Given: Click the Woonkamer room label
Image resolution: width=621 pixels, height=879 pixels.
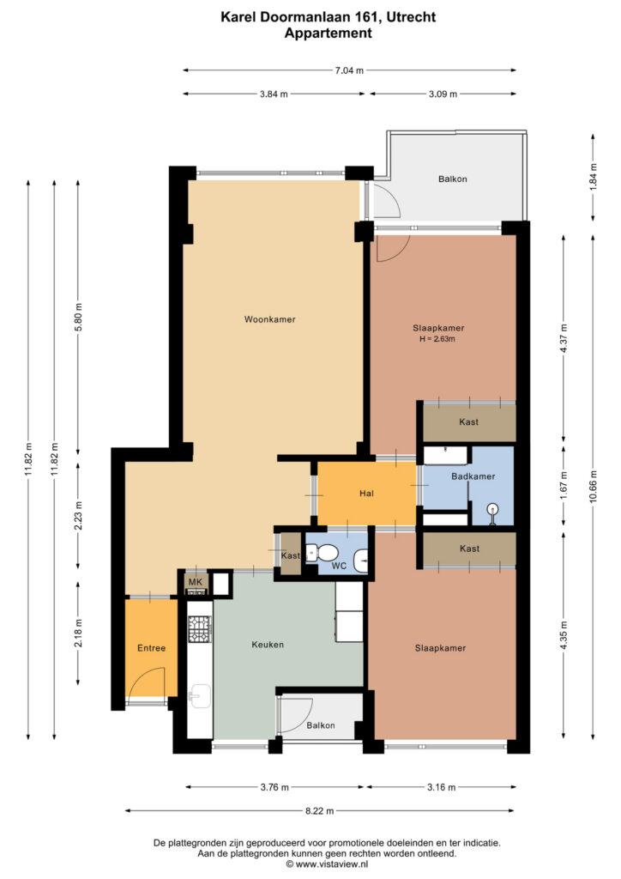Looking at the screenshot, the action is (269, 319).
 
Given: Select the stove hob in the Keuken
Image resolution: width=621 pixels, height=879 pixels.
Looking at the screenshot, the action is (199, 628).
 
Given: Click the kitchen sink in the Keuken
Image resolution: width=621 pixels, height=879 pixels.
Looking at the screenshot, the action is (199, 697).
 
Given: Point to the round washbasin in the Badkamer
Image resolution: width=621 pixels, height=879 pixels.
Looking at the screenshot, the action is (492, 511).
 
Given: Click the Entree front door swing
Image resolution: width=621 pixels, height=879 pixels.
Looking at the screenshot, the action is (147, 682).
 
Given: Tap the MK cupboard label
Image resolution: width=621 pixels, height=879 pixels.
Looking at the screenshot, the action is (196, 582).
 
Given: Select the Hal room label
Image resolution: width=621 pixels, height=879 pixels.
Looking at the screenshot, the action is (367, 494).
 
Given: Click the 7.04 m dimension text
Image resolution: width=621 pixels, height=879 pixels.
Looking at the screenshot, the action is (349, 70).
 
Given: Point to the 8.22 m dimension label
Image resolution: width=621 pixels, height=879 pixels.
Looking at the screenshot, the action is (320, 810).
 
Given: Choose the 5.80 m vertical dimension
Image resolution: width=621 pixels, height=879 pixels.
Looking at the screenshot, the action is (78, 318).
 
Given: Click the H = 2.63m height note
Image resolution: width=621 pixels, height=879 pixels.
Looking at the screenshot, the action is (437, 339).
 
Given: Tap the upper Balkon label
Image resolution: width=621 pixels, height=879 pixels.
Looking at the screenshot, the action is (452, 179).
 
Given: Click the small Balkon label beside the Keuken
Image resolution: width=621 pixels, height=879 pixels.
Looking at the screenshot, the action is (321, 725).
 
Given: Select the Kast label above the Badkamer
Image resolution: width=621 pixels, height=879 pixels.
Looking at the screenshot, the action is (468, 421).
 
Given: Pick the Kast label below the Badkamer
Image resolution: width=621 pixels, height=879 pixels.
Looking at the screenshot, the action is (469, 549).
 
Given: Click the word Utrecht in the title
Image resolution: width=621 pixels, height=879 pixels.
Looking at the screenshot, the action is (411, 17).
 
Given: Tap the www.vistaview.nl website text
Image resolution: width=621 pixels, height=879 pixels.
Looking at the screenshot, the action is (331, 864).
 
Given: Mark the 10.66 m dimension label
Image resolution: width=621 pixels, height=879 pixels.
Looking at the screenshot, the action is (594, 487).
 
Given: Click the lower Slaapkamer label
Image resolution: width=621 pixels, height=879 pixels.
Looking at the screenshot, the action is (440, 648).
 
